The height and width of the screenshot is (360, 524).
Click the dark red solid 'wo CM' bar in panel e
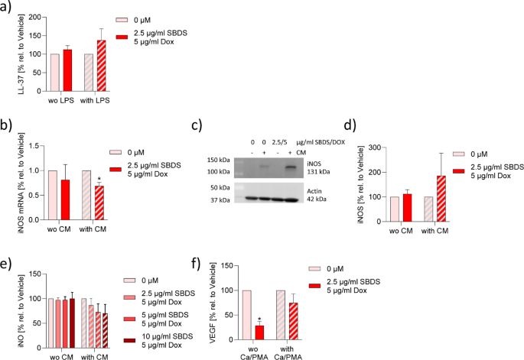[x=72, y=320]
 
